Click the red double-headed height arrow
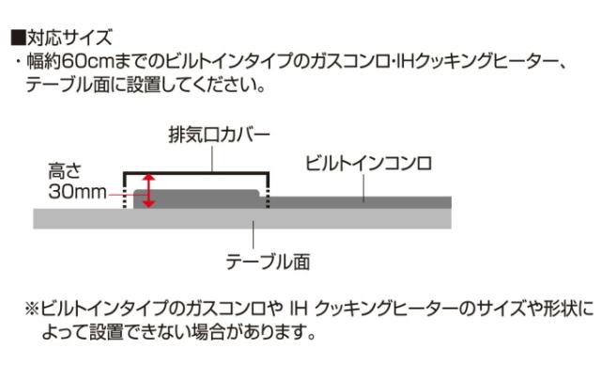pyautogui.click(x=146, y=191)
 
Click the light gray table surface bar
pyautogui.click(x=376, y=218)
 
